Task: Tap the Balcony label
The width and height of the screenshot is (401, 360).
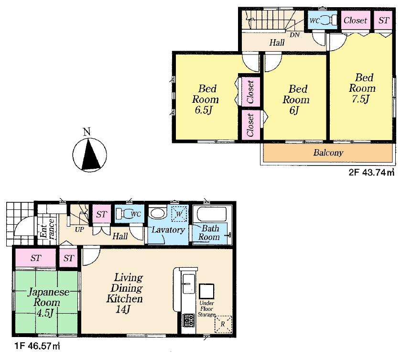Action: [328, 153]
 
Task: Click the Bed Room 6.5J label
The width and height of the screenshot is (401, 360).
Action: [206, 99]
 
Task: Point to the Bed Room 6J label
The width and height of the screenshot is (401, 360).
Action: [296, 99]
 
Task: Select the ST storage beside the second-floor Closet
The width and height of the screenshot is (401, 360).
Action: [383, 20]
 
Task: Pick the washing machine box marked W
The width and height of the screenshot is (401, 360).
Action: [180, 214]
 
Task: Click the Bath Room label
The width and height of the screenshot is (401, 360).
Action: [209, 233]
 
